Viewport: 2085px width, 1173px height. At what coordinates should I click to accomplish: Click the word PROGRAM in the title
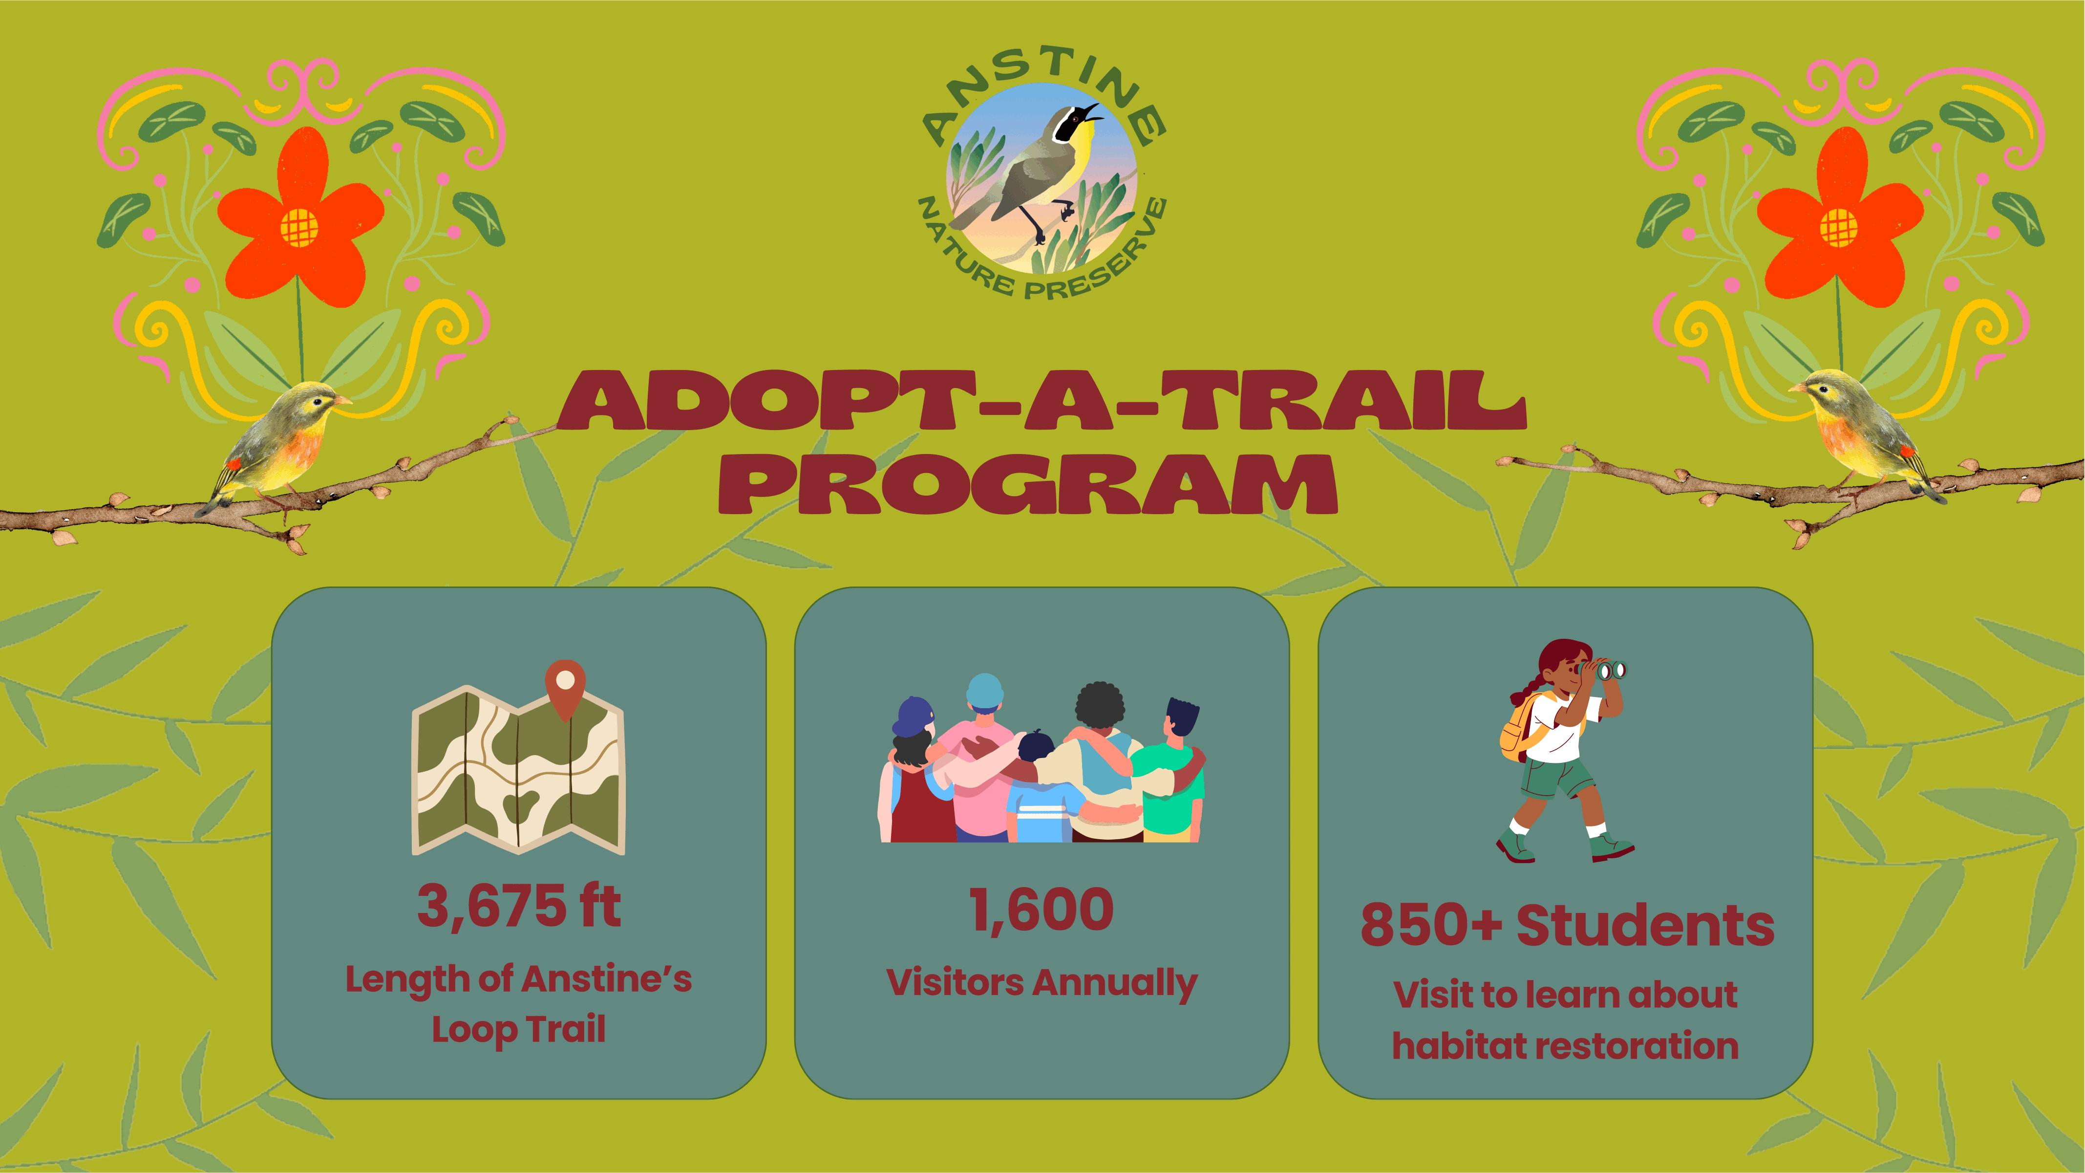click(x=1028, y=484)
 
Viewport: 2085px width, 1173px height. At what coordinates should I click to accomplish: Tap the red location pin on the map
click(x=565, y=688)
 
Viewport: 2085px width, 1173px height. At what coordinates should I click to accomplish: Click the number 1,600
click(x=1042, y=909)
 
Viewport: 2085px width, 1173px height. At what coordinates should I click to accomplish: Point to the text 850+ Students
click(x=1567, y=925)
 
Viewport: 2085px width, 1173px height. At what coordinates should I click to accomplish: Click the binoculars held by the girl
click(x=1603, y=670)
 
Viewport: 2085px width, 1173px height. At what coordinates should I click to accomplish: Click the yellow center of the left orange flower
click(x=298, y=227)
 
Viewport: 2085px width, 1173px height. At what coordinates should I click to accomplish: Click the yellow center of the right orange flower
click(x=1838, y=227)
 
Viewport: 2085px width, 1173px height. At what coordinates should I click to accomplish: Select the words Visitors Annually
click(x=1042, y=983)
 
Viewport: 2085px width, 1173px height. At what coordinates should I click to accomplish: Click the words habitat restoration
click(x=1565, y=1045)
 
